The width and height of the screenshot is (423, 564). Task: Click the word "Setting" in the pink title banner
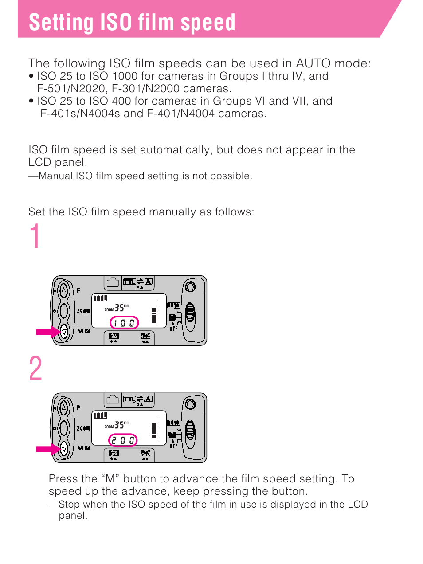(x=60, y=23)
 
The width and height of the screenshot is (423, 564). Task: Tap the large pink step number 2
(x=35, y=369)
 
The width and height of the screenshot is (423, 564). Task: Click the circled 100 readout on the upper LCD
(x=124, y=323)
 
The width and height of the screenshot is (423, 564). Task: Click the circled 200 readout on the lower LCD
(x=123, y=440)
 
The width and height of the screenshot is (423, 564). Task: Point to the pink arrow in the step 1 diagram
(x=48, y=332)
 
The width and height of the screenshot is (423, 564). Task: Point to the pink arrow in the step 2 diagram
(x=48, y=449)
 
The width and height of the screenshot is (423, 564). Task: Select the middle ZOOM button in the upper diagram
(x=64, y=311)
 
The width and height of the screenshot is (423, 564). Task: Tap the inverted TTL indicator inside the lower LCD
(x=100, y=415)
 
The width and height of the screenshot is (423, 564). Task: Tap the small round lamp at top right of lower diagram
(x=190, y=404)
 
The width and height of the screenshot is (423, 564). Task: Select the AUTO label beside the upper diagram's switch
(x=173, y=305)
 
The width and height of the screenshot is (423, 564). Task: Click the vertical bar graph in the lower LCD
(x=154, y=430)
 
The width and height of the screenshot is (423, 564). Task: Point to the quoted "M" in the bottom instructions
(x=110, y=479)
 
